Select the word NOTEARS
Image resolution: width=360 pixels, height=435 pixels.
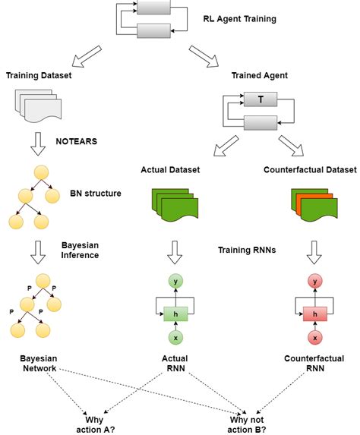[x=77, y=140]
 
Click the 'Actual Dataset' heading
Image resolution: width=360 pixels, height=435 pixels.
[x=170, y=170]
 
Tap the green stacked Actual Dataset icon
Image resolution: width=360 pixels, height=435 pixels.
[x=175, y=204]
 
